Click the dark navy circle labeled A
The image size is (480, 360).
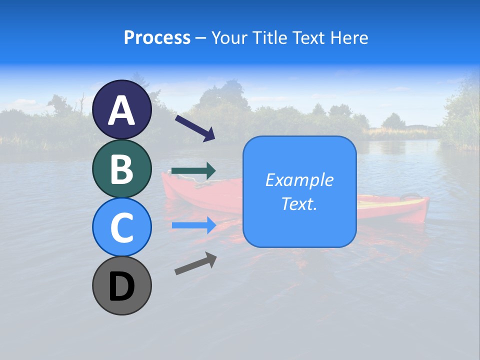pyautogui.click(x=122, y=110)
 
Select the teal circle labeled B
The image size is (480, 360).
pyautogui.click(x=122, y=168)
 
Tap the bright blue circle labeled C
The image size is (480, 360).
pyautogui.click(x=122, y=227)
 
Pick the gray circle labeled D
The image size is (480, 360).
pyautogui.click(x=122, y=285)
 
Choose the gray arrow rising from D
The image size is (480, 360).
pyautogui.click(x=195, y=263)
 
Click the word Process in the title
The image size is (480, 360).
pyautogui.click(x=157, y=37)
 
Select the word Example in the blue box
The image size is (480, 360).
pyautogui.click(x=299, y=180)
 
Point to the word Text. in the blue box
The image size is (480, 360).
pyautogui.click(x=299, y=203)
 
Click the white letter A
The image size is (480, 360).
pyautogui.click(x=122, y=110)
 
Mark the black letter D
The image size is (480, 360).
pyautogui.click(x=122, y=286)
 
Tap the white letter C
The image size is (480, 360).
pyautogui.click(x=122, y=227)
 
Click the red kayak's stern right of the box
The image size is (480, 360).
pyautogui.click(x=395, y=207)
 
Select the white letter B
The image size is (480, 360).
pyautogui.click(x=122, y=169)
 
